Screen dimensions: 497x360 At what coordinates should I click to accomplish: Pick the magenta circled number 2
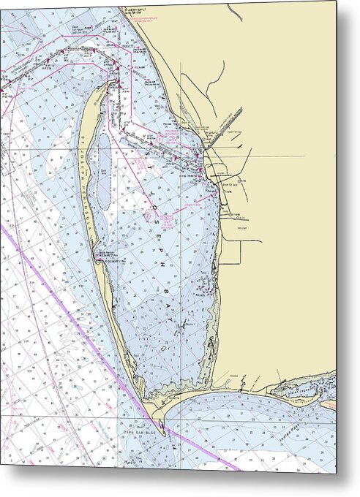coord(149,216)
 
